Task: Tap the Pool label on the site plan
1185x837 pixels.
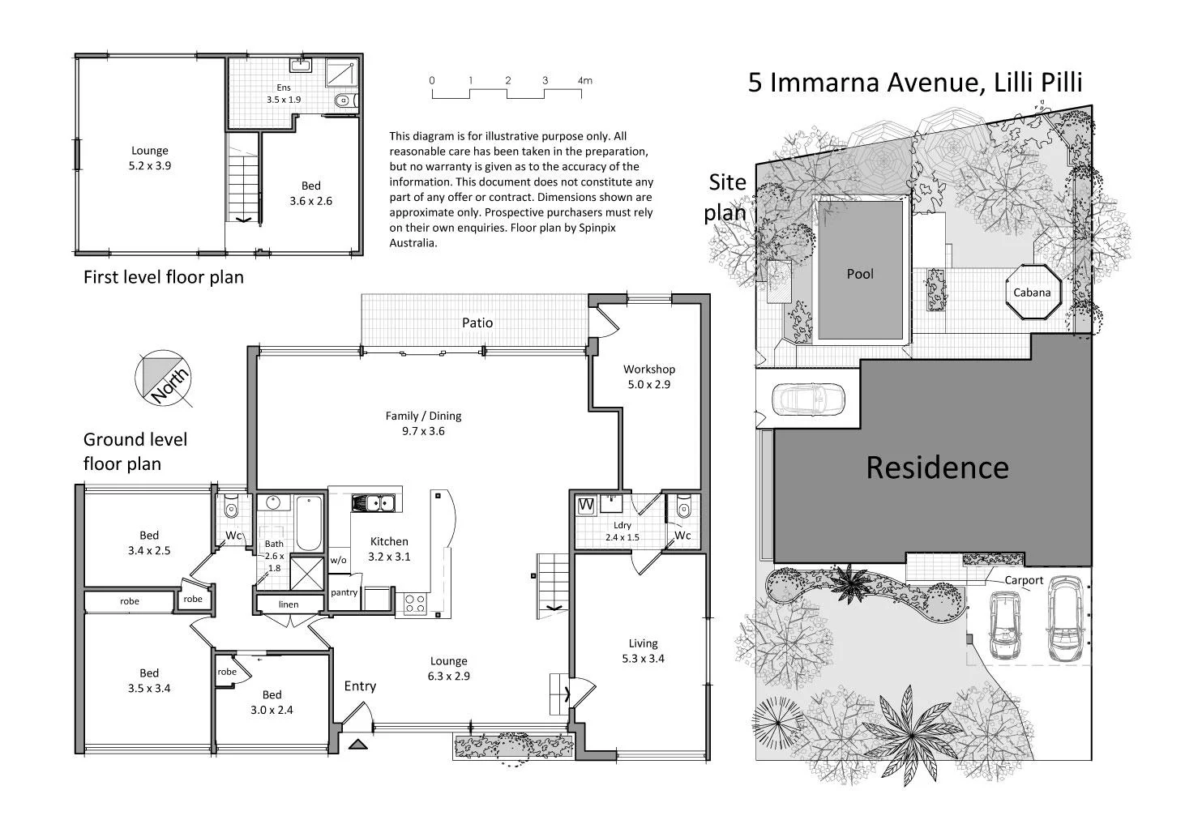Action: coord(860,274)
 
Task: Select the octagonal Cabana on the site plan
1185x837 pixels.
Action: coord(1032,293)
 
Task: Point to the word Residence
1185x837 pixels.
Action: coord(937,468)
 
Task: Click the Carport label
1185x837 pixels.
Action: coord(1024,580)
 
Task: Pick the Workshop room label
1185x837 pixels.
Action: coord(648,369)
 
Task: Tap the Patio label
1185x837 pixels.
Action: coord(477,322)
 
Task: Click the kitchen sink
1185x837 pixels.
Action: coord(373,503)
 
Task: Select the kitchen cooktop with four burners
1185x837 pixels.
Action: coord(415,604)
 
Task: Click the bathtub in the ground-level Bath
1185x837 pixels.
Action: coord(309,523)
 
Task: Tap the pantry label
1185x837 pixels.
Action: coord(344,592)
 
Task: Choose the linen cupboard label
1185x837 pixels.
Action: coord(288,604)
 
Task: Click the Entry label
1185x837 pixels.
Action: coord(360,686)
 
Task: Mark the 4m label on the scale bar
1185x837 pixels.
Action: coord(584,80)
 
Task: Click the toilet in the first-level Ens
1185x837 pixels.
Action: coord(343,101)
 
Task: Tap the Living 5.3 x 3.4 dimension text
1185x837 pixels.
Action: coord(644,659)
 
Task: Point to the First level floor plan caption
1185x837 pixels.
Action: coord(164,277)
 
